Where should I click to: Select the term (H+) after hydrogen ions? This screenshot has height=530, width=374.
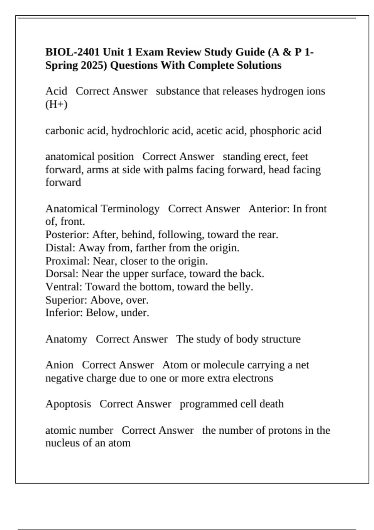56,104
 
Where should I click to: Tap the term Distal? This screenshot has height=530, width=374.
60,248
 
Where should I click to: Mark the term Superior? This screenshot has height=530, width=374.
66,300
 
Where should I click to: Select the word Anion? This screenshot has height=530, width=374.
59,365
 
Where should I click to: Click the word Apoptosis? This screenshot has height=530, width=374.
68,404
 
